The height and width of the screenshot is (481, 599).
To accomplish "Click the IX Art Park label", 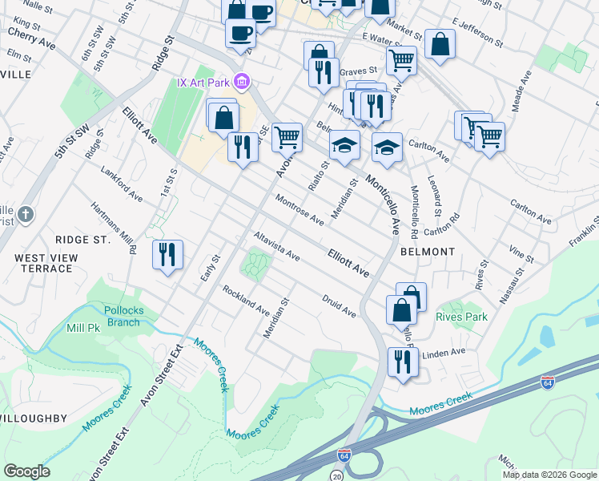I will click(x=203, y=83).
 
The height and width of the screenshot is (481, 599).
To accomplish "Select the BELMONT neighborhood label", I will click(x=428, y=252).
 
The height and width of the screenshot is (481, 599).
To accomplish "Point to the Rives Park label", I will click(x=461, y=317).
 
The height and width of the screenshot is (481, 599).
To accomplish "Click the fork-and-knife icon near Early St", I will click(x=167, y=255).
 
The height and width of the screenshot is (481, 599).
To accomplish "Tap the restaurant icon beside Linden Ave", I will click(x=402, y=361).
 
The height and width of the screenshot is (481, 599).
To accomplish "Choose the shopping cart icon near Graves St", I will click(x=401, y=59).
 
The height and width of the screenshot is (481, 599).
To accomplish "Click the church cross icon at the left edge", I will click(x=26, y=215).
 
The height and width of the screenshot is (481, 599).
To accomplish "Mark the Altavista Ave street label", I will click(x=276, y=247).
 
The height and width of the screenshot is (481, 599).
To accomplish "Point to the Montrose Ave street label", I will click(x=299, y=208).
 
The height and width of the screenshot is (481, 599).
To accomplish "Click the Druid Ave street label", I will click(x=339, y=307).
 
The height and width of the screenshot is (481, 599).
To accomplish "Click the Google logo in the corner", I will click(x=26, y=471).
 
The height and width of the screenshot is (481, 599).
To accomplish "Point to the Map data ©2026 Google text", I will click(x=549, y=475).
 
